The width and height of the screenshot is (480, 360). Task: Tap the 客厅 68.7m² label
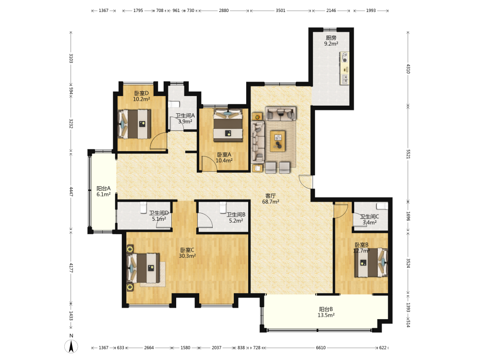pyautogui.click(x=271, y=199)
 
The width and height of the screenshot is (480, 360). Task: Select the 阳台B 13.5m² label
pyautogui.click(x=326, y=312)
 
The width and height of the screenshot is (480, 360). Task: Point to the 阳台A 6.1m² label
pyautogui.click(x=104, y=192)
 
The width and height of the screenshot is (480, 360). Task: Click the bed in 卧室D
pyautogui.click(x=135, y=124)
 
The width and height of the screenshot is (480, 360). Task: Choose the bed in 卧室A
pyautogui.click(x=228, y=125)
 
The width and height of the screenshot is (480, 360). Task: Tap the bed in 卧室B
pyautogui.click(x=372, y=263)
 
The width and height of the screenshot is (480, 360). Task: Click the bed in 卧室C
pyautogui.click(x=143, y=268)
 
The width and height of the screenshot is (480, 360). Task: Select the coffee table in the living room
pyautogui.click(x=277, y=141)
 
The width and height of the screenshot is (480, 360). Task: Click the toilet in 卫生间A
pyautogui.click(x=173, y=104)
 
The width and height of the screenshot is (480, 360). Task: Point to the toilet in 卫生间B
pyautogui.click(x=223, y=207)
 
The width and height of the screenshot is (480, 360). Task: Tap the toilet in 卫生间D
pyautogui.click(x=143, y=207)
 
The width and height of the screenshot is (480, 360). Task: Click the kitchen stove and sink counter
pyautogui.click(x=345, y=68)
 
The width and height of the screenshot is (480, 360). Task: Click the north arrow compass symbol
pyautogui.click(x=71, y=347)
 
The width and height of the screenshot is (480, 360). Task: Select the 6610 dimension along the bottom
pyautogui.click(x=321, y=348)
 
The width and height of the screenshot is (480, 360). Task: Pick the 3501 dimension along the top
pyautogui.click(x=280, y=11)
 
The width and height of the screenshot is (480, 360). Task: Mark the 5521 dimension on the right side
pyautogui.click(x=408, y=154)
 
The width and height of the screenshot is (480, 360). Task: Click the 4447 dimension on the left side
pyautogui.click(x=71, y=192)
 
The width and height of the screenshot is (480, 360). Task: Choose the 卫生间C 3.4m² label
pyautogui.click(x=370, y=219)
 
